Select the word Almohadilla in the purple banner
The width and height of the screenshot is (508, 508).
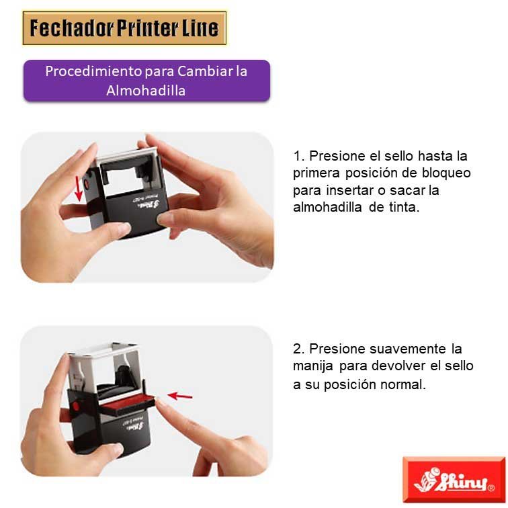pos(146,90)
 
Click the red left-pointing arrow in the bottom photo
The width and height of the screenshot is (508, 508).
pos(180,396)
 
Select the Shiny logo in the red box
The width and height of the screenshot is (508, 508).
pos(454,480)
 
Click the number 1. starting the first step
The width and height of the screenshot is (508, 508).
pos(299,157)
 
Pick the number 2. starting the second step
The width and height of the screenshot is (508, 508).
pos(299,349)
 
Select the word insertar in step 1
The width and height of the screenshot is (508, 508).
pos(345,191)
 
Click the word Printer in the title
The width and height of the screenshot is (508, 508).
pos(148,28)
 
